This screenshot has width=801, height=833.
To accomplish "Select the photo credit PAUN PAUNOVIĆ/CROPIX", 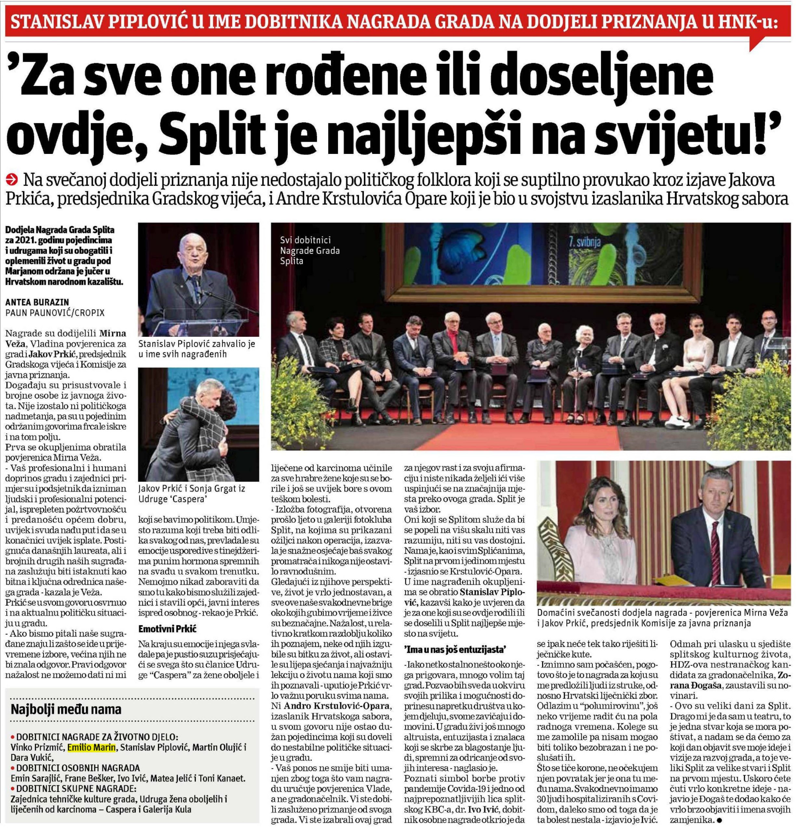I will (x=55, y=313).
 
